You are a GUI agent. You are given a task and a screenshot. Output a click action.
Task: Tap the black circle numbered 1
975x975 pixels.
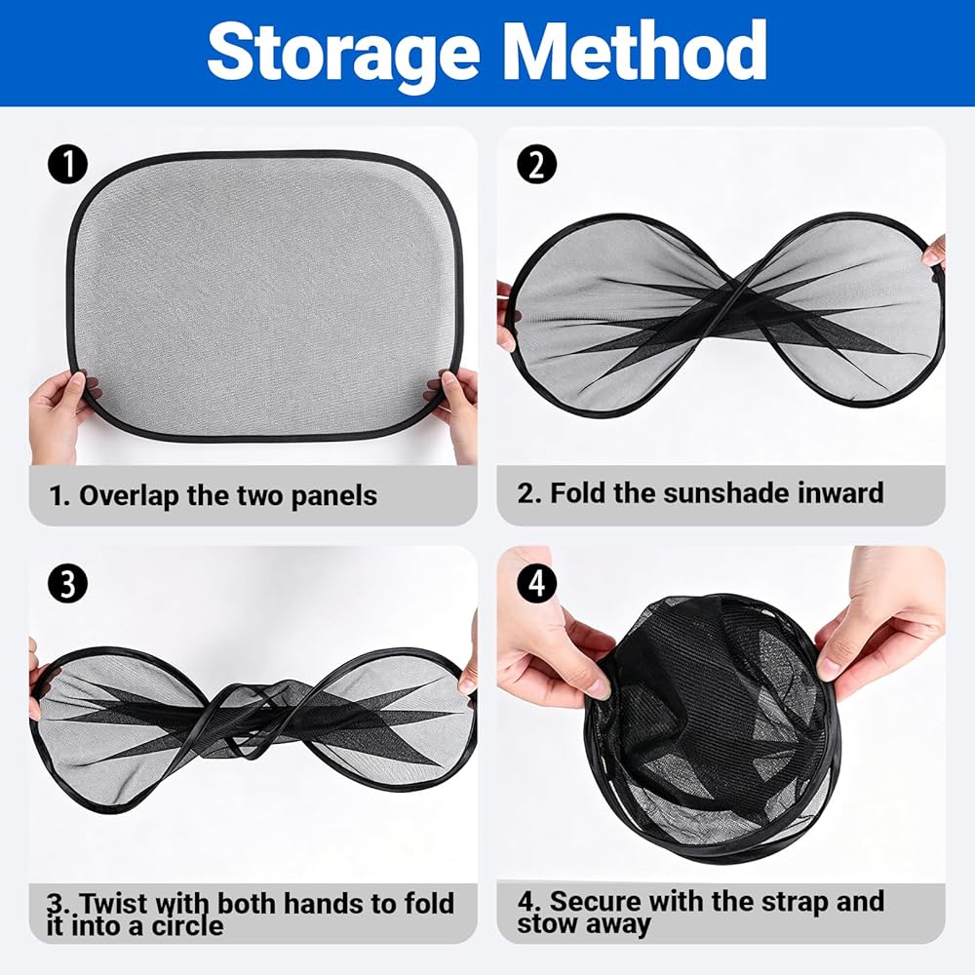[68, 164]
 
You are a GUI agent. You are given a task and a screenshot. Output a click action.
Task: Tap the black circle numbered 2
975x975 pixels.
[536, 164]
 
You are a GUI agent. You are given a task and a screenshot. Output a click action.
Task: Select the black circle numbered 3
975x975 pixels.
[68, 584]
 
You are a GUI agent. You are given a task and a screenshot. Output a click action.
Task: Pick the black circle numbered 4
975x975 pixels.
[536, 584]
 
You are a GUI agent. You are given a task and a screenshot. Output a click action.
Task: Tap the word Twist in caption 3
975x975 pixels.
[114, 903]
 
